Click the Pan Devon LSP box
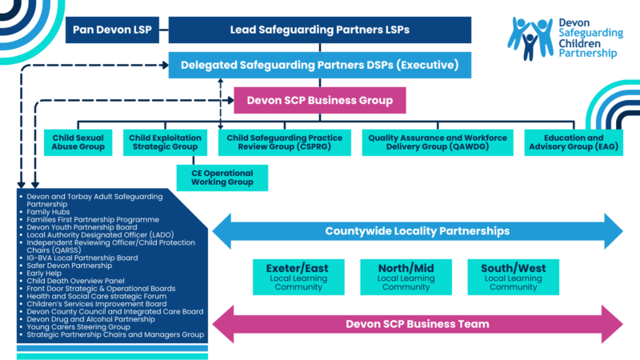click(112, 30)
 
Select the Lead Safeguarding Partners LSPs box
click(320, 30)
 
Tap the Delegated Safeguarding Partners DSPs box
click(319, 65)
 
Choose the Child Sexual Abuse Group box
click(78, 142)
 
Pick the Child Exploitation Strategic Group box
click(163, 142)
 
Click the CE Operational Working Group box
click(222, 178)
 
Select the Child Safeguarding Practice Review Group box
click(284, 142)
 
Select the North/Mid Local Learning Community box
click(395, 276)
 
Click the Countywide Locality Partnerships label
click(417, 231)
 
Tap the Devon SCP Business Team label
click(417, 324)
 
